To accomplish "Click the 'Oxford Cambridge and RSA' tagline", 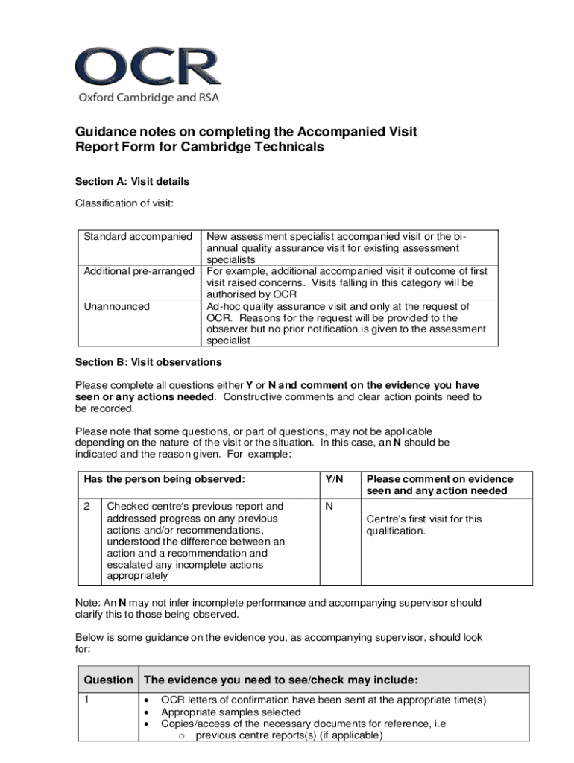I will [149, 98].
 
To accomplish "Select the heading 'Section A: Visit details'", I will [132, 181].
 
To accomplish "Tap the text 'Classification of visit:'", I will [124, 203].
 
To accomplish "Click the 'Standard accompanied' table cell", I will [138, 237].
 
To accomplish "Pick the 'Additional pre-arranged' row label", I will [139, 271].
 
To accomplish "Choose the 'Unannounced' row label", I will [116, 306].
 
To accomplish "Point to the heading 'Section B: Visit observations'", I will [148, 362].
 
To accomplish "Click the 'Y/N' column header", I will [334, 479].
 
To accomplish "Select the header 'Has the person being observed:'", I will [164, 479].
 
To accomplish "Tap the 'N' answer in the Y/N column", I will [329, 507].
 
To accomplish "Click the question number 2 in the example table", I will [86, 507].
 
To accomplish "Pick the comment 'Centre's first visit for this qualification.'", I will [423, 525].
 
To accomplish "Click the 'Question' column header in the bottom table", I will [109, 680].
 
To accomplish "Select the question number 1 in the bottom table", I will [86, 700].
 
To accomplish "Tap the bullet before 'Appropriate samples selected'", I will [148, 712].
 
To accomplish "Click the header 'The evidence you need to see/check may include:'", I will [280, 680].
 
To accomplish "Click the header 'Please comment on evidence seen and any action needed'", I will [439, 484].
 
